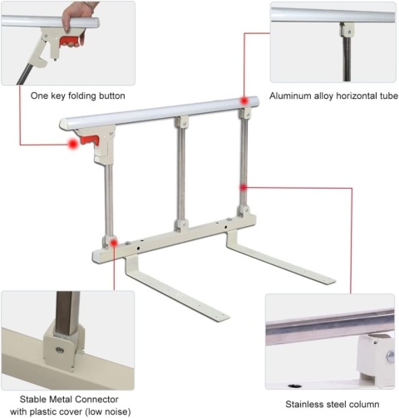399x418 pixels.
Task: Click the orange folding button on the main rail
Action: point(90,140)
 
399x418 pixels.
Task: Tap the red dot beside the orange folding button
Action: point(73,144)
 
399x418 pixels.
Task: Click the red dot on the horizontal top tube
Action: point(244,101)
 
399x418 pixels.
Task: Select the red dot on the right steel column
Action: point(244,188)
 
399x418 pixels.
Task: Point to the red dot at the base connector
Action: point(114,243)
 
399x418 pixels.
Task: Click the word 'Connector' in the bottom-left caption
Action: point(96,399)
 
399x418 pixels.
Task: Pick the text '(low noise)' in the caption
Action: point(108,411)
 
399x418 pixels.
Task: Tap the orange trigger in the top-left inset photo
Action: point(70,41)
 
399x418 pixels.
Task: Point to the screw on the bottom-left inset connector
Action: point(60,350)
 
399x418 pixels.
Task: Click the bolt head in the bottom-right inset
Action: point(391,357)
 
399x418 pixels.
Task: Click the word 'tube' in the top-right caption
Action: point(388,96)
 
